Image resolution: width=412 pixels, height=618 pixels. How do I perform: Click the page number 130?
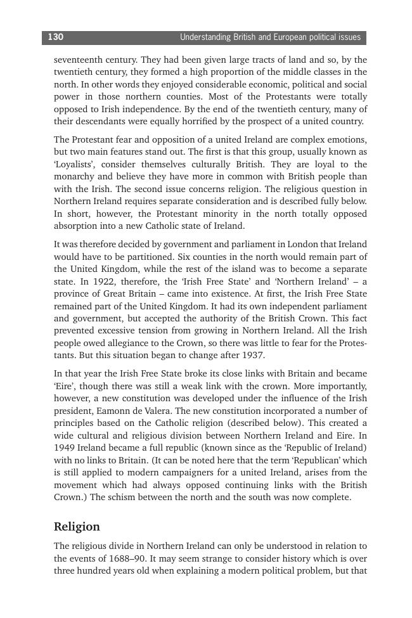click(x=56, y=37)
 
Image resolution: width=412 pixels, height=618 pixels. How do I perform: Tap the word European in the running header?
click(x=292, y=37)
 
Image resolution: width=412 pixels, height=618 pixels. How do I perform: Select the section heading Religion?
click(x=77, y=527)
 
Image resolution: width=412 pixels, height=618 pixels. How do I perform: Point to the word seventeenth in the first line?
click(x=79, y=60)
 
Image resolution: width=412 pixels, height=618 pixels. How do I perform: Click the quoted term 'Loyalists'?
click(x=74, y=165)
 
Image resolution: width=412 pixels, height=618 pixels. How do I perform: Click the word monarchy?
click(x=73, y=177)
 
